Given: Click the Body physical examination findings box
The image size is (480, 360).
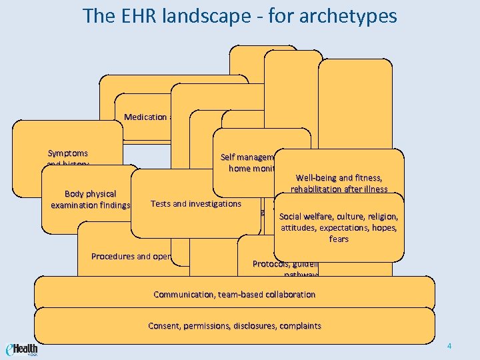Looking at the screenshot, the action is [x=90, y=199].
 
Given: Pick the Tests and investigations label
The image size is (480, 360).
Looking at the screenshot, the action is [x=196, y=203].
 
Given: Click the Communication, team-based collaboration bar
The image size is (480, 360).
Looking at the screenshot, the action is [x=234, y=294].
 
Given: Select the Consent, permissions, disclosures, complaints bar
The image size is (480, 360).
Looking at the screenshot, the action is [x=234, y=326].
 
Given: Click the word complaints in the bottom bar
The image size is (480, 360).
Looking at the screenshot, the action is [x=299, y=326].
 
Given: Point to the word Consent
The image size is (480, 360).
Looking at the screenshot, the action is [x=163, y=326].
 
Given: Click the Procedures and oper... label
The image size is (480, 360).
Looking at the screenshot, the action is [x=131, y=256].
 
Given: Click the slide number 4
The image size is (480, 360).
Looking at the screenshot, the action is [x=449, y=346].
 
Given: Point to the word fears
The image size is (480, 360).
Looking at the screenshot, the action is [x=339, y=239].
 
